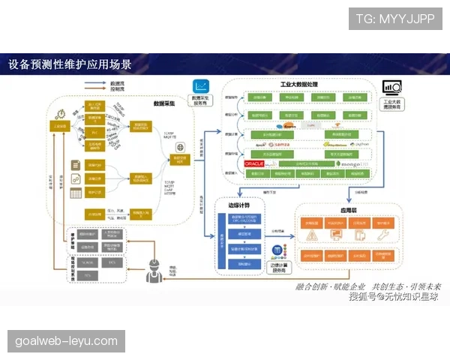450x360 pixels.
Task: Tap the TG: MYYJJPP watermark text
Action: pos(394,18)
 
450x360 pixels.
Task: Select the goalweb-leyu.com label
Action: pos(66,341)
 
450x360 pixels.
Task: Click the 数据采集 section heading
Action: pos(165,103)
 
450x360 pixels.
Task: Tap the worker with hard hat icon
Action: pos(154,267)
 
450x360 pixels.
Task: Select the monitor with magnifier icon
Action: pos(391,88)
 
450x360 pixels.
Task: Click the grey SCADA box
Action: pos(88,263)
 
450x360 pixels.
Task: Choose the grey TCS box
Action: pos(88,275)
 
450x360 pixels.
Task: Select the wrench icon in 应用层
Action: pos(382,236)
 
